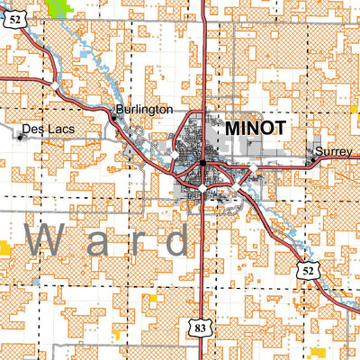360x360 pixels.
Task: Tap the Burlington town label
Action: (144, 109)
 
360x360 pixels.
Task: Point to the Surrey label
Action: (336, 151)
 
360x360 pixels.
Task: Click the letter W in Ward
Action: (46, 240)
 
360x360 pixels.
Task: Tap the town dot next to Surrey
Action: (312, 160)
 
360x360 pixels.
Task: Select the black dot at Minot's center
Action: (204, 163)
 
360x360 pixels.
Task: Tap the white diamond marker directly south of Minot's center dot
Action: (204, 190)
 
